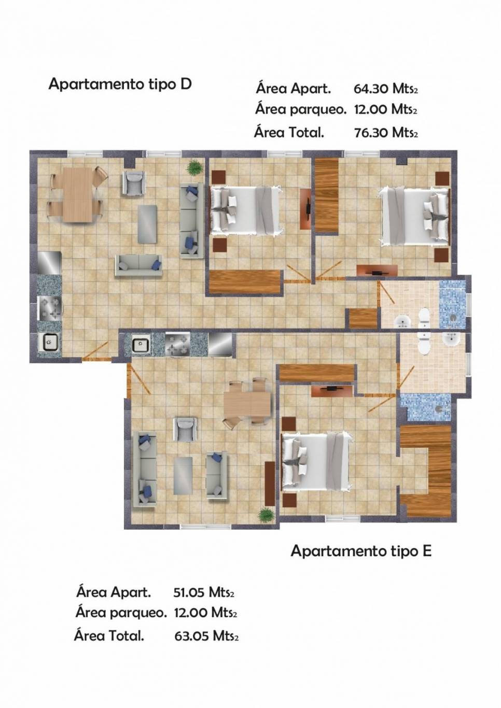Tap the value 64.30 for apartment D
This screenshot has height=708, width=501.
[371, 89]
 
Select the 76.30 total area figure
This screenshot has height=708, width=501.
[371, 133]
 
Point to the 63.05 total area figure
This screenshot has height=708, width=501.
[191, 635]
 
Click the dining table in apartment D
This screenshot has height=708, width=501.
[77, 195]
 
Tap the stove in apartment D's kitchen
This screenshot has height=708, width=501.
[50, 309]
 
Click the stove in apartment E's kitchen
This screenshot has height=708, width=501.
[177, 344]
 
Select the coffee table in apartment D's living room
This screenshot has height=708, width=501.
[147, 224]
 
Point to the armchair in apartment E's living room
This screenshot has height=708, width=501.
[185, 429]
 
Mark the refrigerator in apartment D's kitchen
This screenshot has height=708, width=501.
[49, 263]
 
